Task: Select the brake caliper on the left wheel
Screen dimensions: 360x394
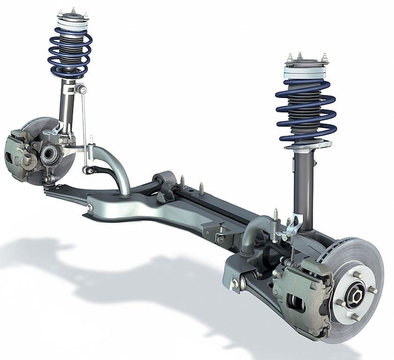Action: (19, 153)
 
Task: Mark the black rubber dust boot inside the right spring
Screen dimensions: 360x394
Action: (304, 112)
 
